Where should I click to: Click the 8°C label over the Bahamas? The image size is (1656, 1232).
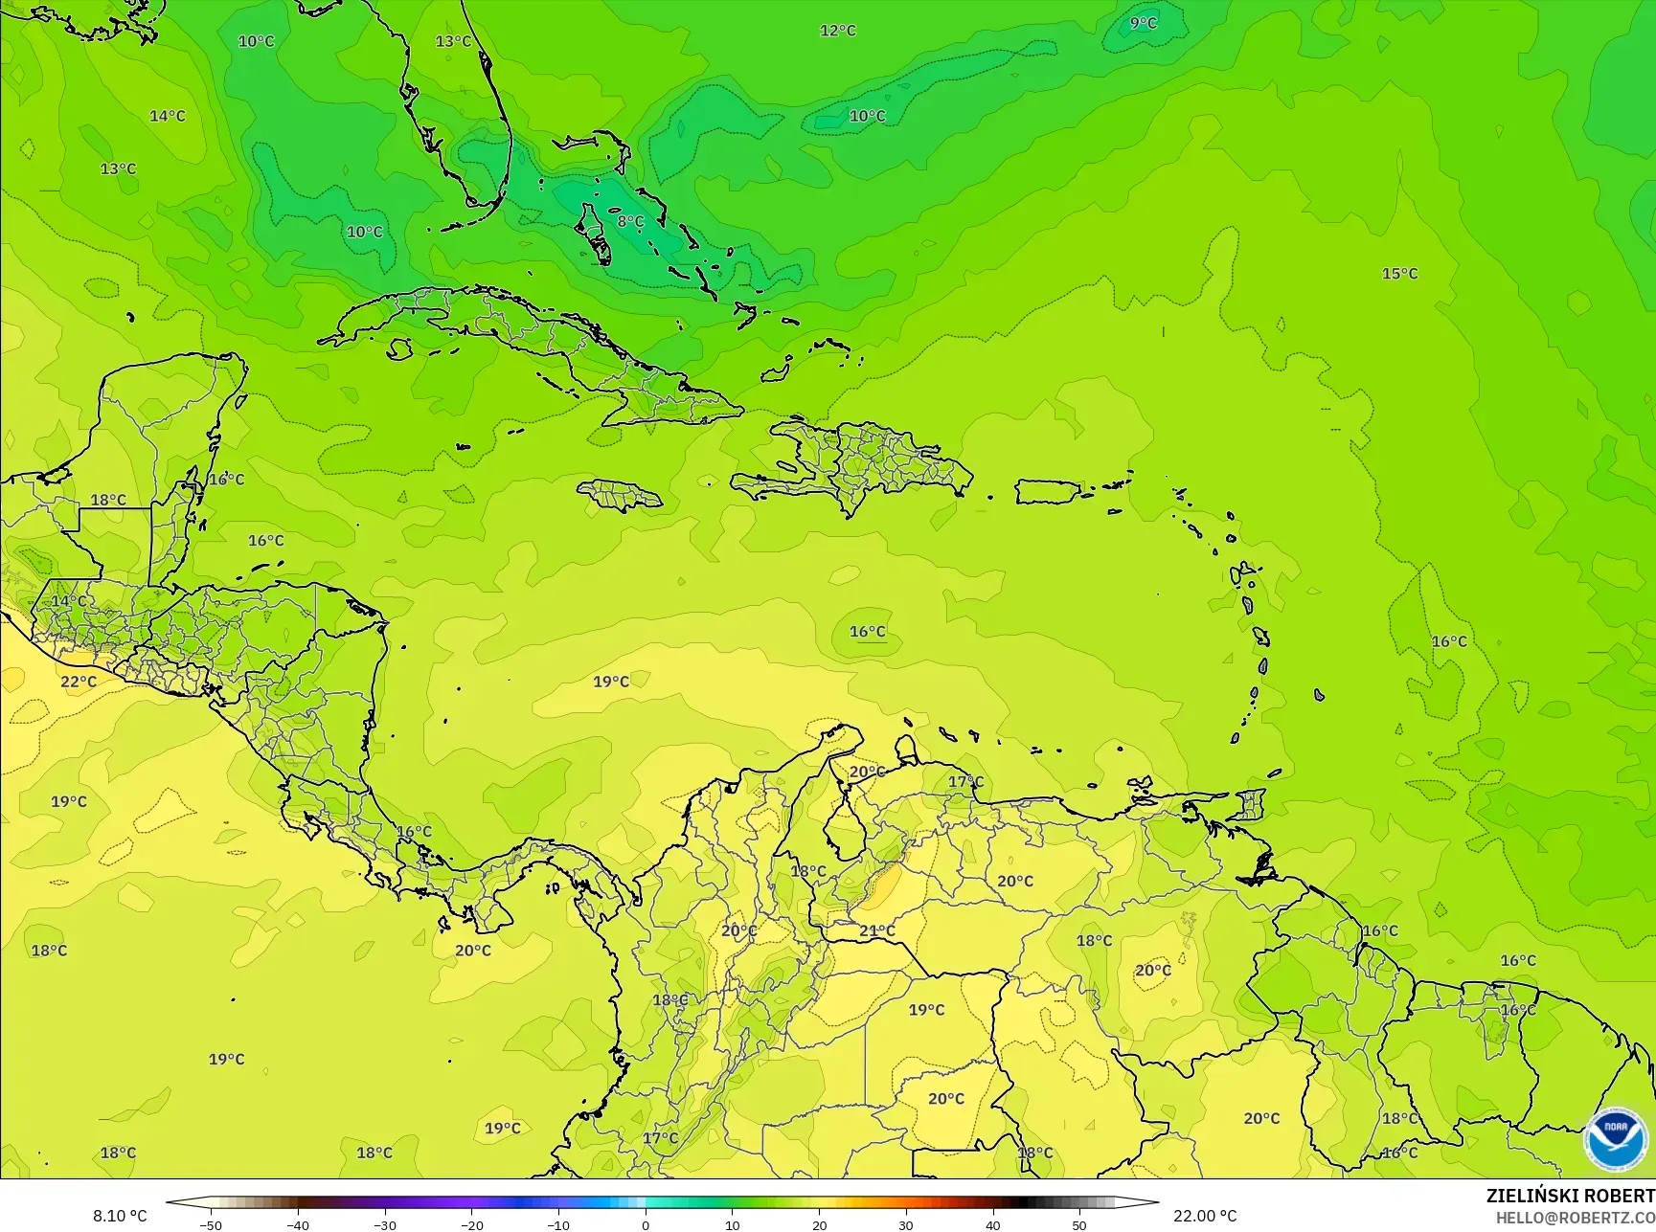630,221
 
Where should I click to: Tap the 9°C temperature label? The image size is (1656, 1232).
1143,23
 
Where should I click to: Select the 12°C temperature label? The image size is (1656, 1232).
837,31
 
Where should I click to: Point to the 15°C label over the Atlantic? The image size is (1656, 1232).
1399,274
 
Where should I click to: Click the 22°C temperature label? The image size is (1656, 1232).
79,682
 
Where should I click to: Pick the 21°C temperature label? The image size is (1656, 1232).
876,930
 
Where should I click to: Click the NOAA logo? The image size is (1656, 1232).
1616,1139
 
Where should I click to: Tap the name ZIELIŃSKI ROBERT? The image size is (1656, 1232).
1570,1196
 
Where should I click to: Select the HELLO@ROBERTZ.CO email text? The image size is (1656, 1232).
1576,1217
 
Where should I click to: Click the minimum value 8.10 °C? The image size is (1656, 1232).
120,1216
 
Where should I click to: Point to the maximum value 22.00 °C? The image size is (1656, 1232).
1205,1216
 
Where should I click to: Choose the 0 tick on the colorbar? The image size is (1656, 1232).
646,1224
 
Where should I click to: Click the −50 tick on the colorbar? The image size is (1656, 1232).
210,1224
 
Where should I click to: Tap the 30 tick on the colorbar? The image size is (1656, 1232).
906,1224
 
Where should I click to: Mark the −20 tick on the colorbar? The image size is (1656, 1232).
471,1224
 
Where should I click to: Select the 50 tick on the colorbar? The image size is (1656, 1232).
1079,1224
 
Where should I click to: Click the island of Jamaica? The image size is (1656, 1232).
620,495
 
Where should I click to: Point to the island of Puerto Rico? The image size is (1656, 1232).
1047,492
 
